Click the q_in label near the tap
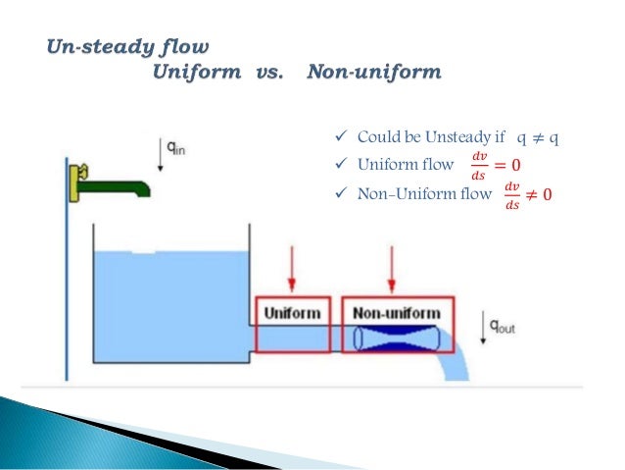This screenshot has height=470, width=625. click(176, 149)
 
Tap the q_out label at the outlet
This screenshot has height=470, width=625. click(503, 328)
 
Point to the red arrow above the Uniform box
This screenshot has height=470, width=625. click(293, 270)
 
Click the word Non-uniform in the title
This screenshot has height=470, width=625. click(373, 73)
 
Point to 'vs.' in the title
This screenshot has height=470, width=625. click(262, 73)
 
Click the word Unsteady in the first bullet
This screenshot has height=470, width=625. click(466, 136)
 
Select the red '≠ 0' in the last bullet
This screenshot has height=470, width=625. click(539, 193)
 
